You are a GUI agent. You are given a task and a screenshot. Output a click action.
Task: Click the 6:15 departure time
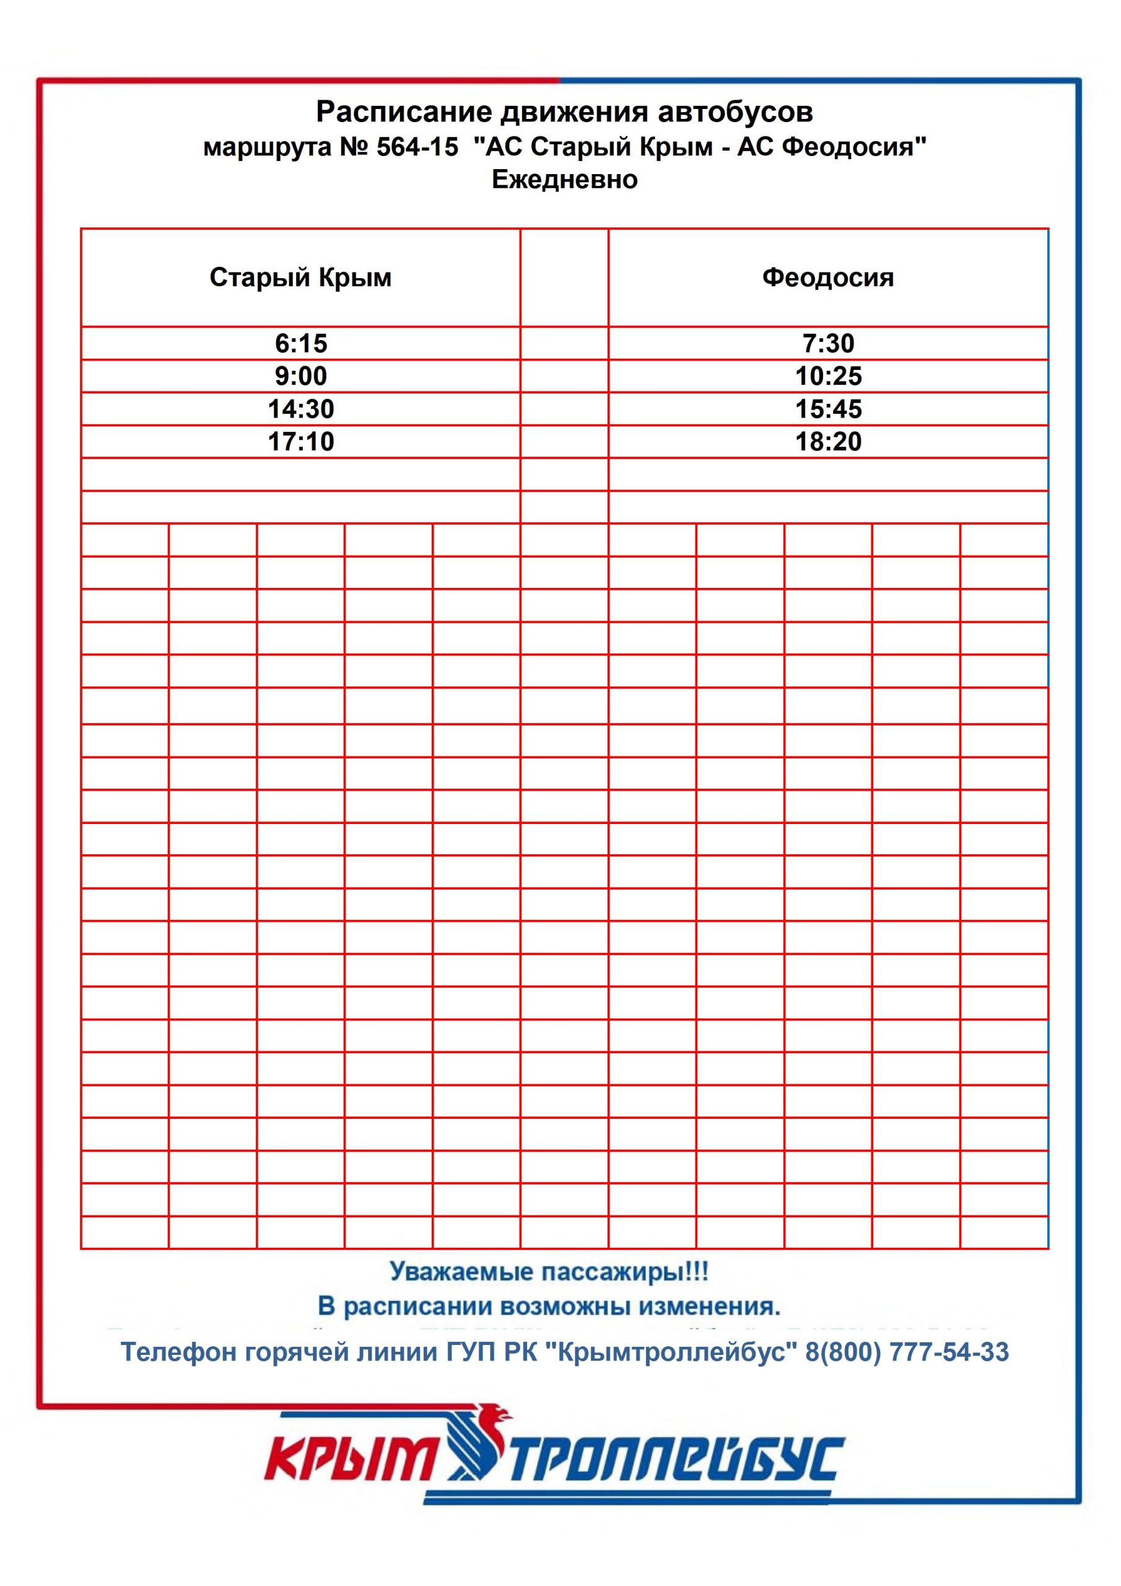click(300, 343)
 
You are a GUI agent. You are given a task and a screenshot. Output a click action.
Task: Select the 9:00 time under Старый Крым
click(300, 376)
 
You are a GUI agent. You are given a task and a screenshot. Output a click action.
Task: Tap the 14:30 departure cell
click(300, 409)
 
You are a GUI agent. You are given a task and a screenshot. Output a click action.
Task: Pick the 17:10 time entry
click(300, 441)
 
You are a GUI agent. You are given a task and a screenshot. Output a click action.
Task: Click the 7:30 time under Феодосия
click(828, 343)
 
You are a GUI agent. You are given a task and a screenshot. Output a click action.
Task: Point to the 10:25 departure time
click(828, 376)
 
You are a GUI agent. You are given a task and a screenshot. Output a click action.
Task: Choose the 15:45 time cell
click(828, 409)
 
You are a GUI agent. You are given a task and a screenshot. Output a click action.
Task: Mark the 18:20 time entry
click(828, 441)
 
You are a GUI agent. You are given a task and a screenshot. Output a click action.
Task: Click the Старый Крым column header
click(300, 277)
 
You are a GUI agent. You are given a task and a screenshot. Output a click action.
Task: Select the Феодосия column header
click(828, 277)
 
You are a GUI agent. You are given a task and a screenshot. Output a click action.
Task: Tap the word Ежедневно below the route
click(564, 180)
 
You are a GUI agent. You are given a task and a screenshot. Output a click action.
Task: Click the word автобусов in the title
click(735, 112)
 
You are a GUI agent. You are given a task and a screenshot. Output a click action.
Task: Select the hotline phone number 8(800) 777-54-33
click(907, 1351)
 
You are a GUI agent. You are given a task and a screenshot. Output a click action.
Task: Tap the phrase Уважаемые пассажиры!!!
click(549, 1271)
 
